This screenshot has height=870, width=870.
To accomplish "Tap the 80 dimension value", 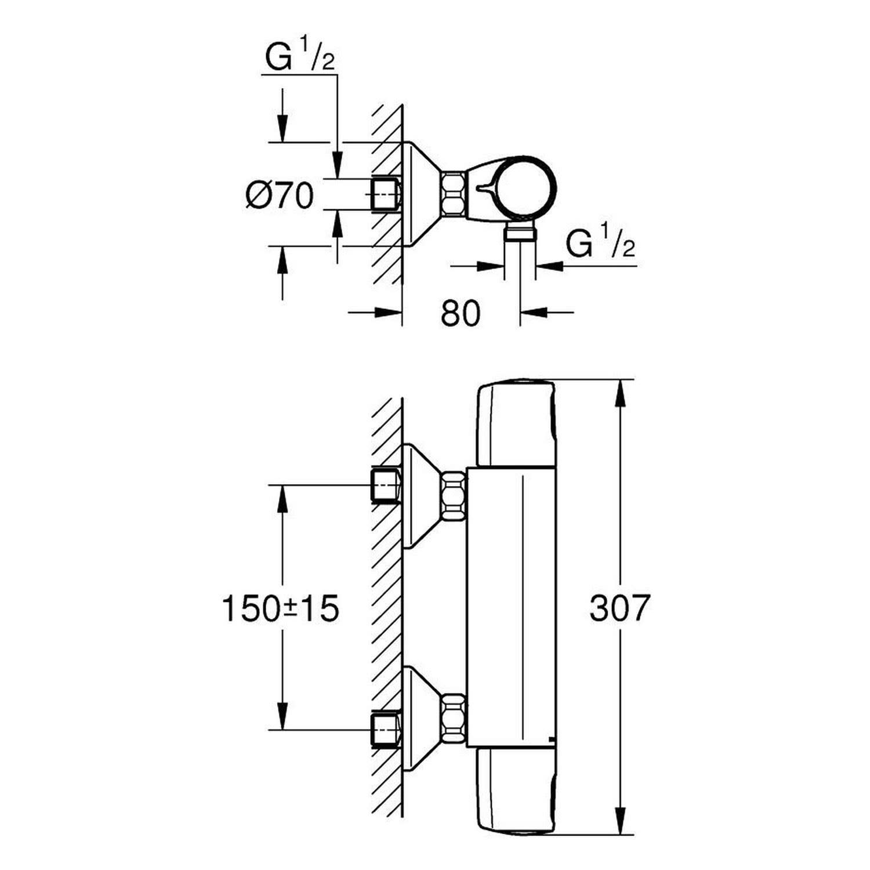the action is click(461, 313).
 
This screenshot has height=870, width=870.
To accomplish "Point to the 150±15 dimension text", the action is click(281, 609).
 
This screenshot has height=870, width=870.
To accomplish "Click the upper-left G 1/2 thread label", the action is click(300, 58).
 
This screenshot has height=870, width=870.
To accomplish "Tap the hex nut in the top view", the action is click(455, 193).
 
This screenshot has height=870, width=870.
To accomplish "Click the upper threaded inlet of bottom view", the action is click(386, 485).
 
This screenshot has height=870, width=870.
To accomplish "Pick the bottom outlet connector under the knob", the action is click(520, 231).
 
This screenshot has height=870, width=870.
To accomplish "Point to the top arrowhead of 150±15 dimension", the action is click(282, 498).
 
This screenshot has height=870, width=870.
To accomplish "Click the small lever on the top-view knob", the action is click(486, 187).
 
